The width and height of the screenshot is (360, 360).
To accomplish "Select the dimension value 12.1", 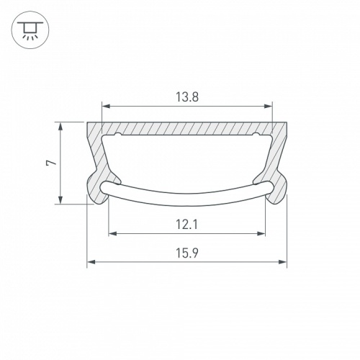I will pos(187,225).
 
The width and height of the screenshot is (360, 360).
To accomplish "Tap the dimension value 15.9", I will pos(187,253).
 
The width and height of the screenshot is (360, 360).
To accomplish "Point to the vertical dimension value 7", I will pos(50,163).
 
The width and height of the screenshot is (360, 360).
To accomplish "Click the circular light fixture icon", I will pos(29,30).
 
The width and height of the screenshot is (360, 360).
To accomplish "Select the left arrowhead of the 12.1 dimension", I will pos(112,233).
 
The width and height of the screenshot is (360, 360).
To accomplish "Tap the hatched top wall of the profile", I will pos(187,128).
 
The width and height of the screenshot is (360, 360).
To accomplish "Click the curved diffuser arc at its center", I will pos(187,194).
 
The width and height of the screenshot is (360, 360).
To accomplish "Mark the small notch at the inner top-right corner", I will pos(257,135).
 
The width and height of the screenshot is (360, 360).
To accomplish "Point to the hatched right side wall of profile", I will pos(278,155).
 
